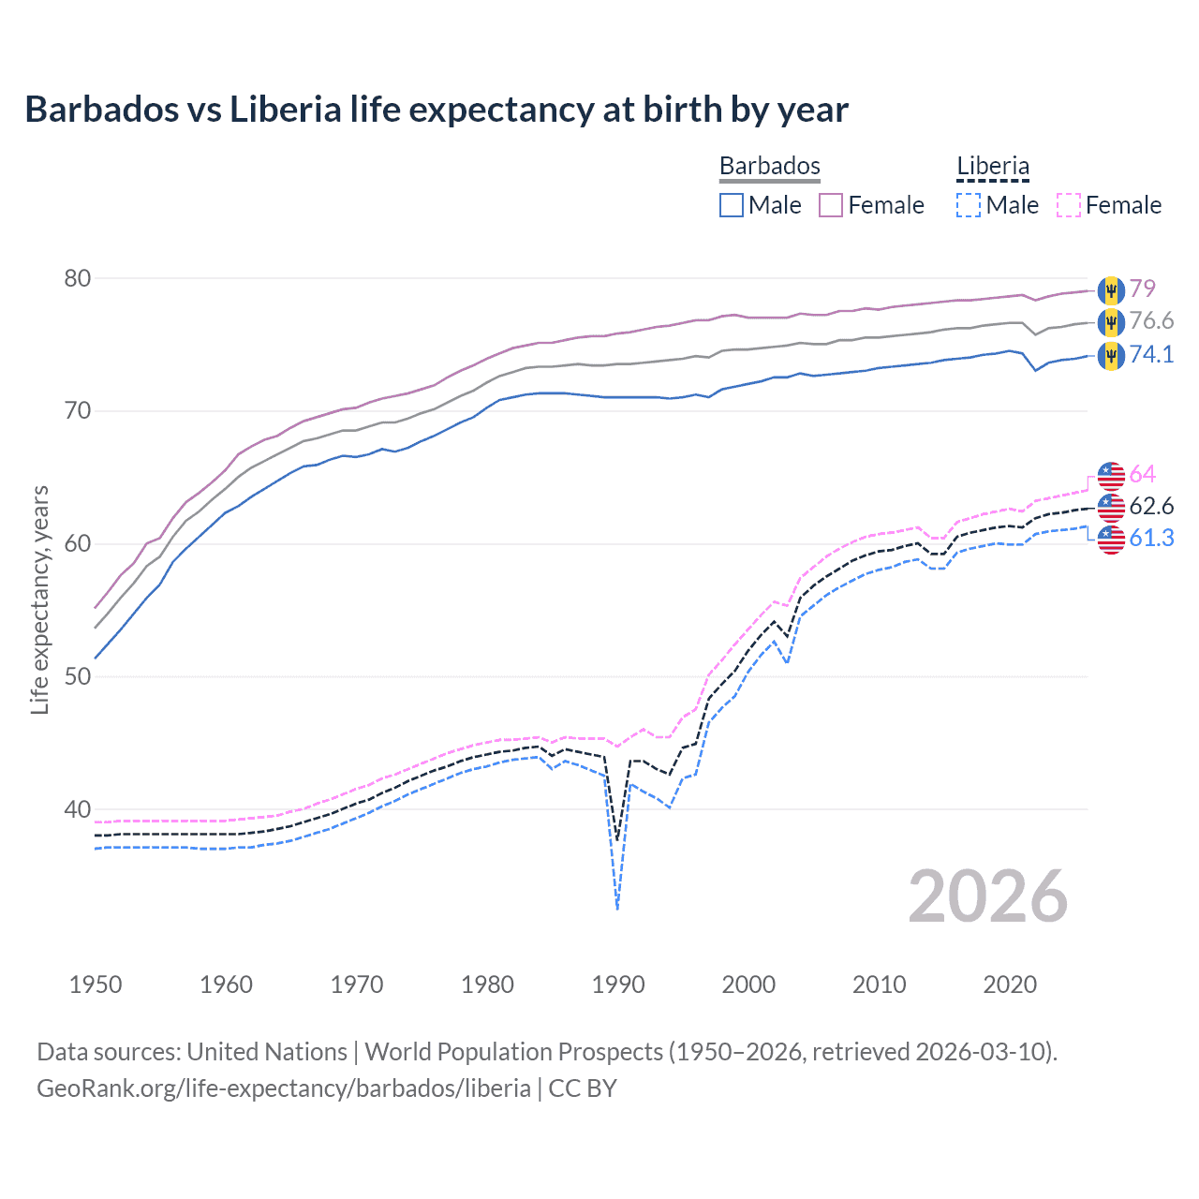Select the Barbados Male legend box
pyautogui.click(x=732, y=205)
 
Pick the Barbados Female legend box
pyautogui.click(x=831, y=205)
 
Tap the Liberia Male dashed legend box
pyautogui.click(x=969, y=205)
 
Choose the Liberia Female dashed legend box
pyautogui.click(x=1069, y=205)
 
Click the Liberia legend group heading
pyautogui.click(x=993, y=167)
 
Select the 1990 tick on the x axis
pyautogui.click(x=618, y=984)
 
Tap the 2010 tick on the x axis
pyautogui.click(x=879, y=984)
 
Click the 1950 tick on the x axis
pyautogui.click(x=96, y=984)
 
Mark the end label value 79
pyautogui.click(x=1142, y=289)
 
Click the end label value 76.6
pyautogui.click(x=1151, y=321)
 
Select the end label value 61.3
pyautogui.click(x=1151, y=539)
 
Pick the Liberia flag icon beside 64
pyautogui.click(x=1111, y=476)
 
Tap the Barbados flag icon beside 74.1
pyautogui.click(x=1111, y=356)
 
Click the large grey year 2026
pyautogui.click(x=988, y=896)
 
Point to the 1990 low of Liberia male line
pyautogui.click(x=617, y=906)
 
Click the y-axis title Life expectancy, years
pyautogui.click(x=40, y=599)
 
